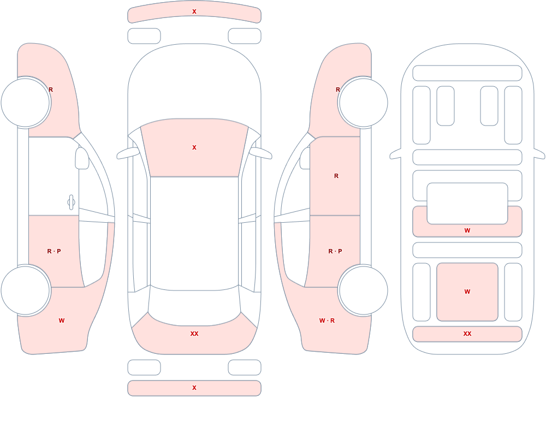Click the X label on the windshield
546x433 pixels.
(194, 148)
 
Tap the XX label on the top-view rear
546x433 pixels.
(194, 334)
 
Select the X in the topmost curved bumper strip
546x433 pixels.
(194, 12)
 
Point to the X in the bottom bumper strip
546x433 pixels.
(194, 388)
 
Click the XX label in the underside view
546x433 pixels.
(467, 334)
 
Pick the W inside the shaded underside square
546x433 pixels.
(467, 292)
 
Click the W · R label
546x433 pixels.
(327, 321)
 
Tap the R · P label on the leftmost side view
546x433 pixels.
(54, 251)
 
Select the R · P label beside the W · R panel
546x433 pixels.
(335, 251)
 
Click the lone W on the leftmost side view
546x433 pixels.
(62, 321)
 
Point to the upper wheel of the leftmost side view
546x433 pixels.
(26, 103)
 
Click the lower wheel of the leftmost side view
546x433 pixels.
(26, 290)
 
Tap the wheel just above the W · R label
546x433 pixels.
(363, 290)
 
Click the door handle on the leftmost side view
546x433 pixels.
(71, 203)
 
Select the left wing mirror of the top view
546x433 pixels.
(127, 153)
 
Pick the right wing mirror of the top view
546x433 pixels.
(261, 153)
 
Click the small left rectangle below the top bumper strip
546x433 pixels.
(144, 36)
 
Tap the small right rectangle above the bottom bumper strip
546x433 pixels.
(245, 367)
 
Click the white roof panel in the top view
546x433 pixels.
(194, 233)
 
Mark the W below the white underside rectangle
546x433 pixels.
(467, 230)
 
